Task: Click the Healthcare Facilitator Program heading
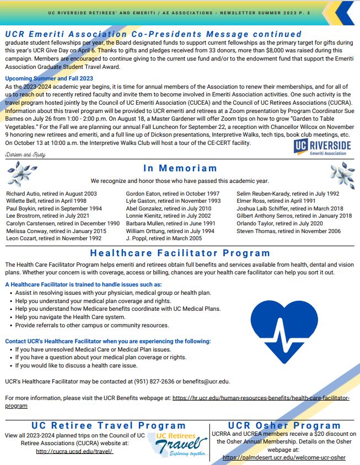click(x=180, y=253)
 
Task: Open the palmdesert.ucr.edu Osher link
click(x=284, y=457)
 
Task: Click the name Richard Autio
click(x=22, y=194)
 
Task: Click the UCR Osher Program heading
click(x=284, y=425)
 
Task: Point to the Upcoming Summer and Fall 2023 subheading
click(x=49, y=79)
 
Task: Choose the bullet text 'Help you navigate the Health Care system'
click(x=70, y=317)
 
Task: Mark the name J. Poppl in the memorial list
click(x=138, y=239)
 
